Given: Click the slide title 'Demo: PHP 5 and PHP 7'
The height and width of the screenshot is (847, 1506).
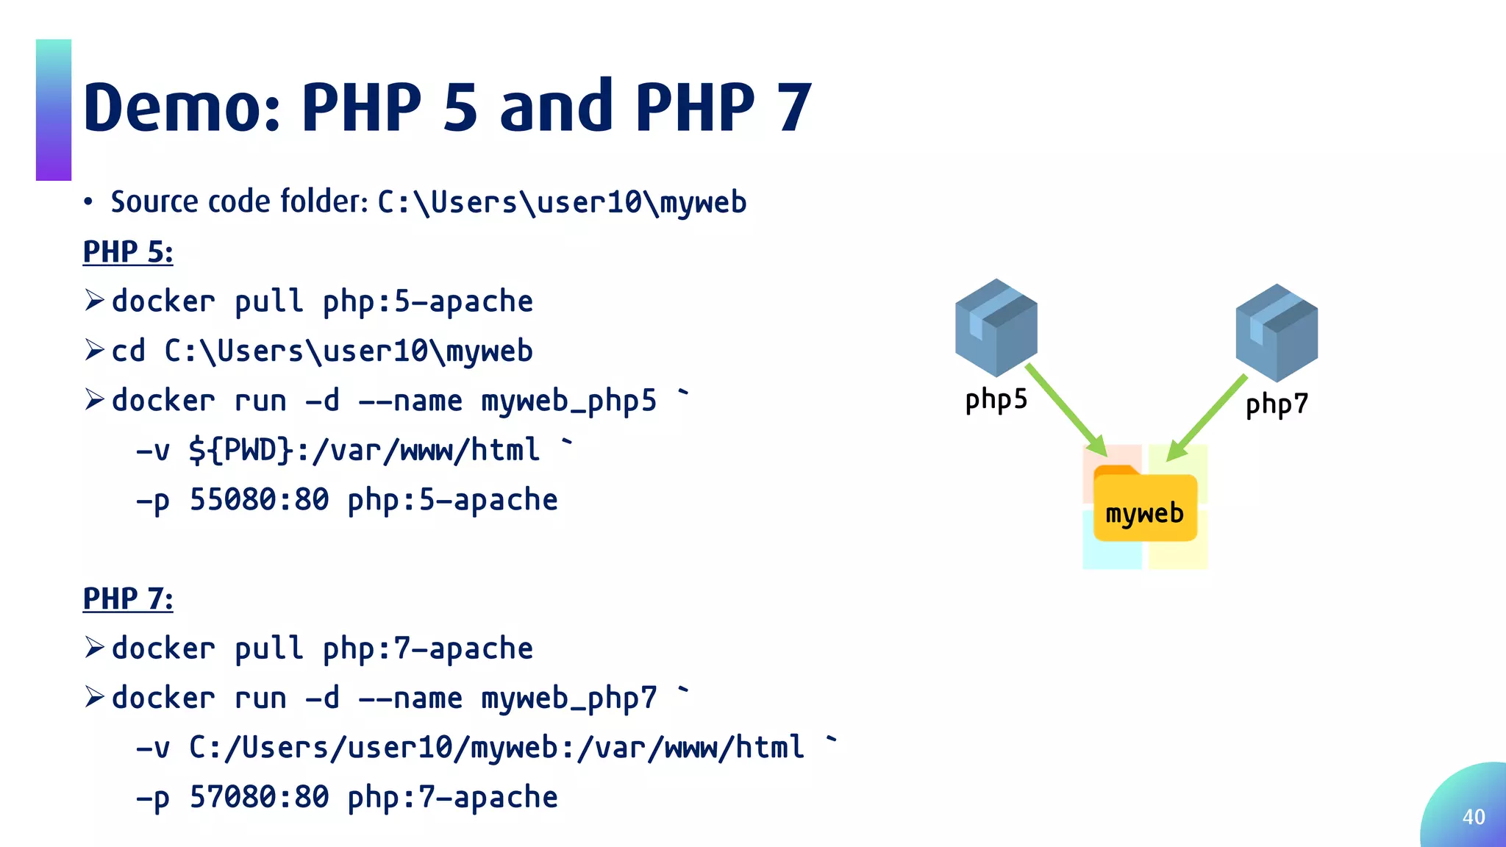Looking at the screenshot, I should click(x=447, y=107).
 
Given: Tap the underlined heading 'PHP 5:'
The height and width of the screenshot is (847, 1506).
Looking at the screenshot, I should click(x=128, y=252).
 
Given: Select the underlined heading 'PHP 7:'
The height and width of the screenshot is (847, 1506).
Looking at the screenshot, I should click(x=128, y=599).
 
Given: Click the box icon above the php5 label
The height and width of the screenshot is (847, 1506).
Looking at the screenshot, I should click(x=996, y=327).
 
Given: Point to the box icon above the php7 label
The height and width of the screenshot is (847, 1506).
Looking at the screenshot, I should click(x=1277, y=332).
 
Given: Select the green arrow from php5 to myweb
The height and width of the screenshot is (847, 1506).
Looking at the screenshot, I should click(x=1066, y=410).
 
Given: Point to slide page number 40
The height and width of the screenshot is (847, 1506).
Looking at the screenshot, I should click(x=1474, y=817).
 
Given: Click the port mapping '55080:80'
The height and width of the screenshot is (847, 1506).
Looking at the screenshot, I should click(x=259, y=500).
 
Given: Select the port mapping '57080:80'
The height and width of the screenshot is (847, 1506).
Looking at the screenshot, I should click(x=259, y=797).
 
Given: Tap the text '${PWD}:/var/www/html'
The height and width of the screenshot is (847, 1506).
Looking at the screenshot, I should click(x=364, y=450).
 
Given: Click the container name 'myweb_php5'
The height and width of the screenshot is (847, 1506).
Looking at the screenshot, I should click(x=568, y=401).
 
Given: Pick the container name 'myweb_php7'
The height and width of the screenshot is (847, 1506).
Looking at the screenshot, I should click(x=568, y=698).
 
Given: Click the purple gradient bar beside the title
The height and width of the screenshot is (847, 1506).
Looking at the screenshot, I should click(x=54, y=110).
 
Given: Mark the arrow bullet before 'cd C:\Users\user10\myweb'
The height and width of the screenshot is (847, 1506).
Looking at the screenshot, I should click(x=94, y=350).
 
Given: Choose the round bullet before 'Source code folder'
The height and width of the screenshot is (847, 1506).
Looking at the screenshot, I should click(x=88, y=202).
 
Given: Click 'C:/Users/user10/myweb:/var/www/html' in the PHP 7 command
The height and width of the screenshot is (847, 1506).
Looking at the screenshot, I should click(x=496, y=748).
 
